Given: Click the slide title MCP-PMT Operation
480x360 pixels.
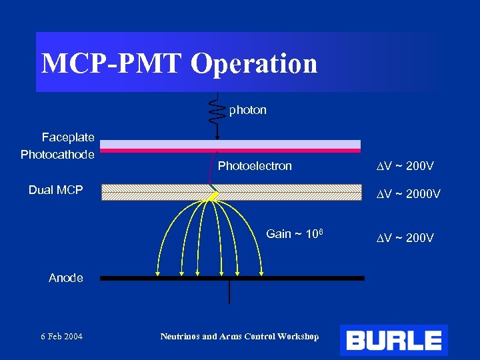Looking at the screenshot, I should point(179,63).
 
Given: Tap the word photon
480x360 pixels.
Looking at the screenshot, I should point(247,110).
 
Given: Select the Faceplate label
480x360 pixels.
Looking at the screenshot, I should point(68,137).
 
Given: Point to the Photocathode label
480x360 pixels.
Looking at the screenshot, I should point(57,155).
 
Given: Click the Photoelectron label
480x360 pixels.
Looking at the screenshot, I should point(255,166).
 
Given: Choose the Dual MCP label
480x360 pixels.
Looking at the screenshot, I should point(55,190).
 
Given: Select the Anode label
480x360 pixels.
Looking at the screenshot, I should point(66,278).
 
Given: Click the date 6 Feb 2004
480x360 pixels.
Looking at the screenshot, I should point(61,336).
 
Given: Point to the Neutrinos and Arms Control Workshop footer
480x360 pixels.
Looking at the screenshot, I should point(239,336).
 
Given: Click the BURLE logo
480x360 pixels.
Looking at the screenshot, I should point(393,341).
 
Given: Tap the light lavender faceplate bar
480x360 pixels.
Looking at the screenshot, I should point(230,144).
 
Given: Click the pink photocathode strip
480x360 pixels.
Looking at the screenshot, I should point(230,151).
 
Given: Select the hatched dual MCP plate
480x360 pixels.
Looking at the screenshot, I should point(300,192).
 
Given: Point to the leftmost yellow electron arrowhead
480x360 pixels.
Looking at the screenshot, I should point(159,271).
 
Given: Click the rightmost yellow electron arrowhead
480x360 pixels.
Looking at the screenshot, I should point(263,271).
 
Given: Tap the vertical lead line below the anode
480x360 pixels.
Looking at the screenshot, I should point(229,292).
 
